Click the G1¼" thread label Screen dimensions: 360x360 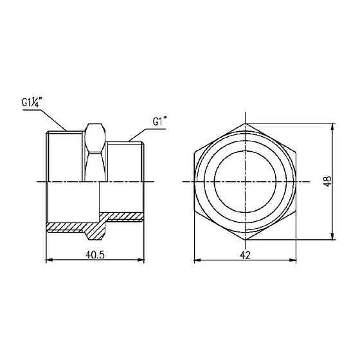click(x=32, y=102)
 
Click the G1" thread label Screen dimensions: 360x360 click(x=159, y=122)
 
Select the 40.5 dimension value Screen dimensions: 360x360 click(x=95, y=255)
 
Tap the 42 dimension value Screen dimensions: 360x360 click(x=245, y=255)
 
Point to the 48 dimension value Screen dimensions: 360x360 click(x=328, y=181)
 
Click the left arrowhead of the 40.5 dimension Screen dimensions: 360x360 click(x=50, y=260)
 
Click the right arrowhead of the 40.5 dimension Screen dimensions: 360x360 click(x=141, y=260)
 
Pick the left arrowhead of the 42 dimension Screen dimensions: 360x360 click(x=198, y=260)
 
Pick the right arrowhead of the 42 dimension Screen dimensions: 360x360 click(x=292, y=260)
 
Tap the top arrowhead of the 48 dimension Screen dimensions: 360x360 click(x=333, y=127)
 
